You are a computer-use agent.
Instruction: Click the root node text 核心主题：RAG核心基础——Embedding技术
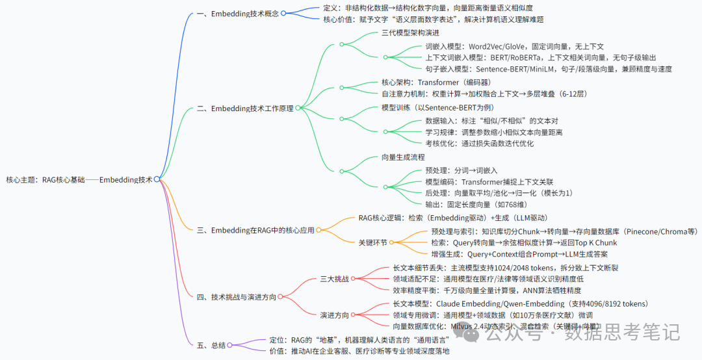(x=79, y=180)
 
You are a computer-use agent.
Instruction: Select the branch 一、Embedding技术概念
(x=238, y=14)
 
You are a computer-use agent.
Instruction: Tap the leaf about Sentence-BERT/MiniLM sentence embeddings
(x=548, y=69)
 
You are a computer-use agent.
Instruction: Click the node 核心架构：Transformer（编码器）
(x=435, y=82)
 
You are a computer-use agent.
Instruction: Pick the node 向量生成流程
(x=403, y=157)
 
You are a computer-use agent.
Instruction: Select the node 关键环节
(x=373, y=242)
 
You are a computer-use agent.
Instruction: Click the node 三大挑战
(x=335, y=279)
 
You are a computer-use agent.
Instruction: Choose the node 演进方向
(x=335, y=315)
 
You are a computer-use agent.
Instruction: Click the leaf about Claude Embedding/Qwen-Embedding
(x=521, y=303)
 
